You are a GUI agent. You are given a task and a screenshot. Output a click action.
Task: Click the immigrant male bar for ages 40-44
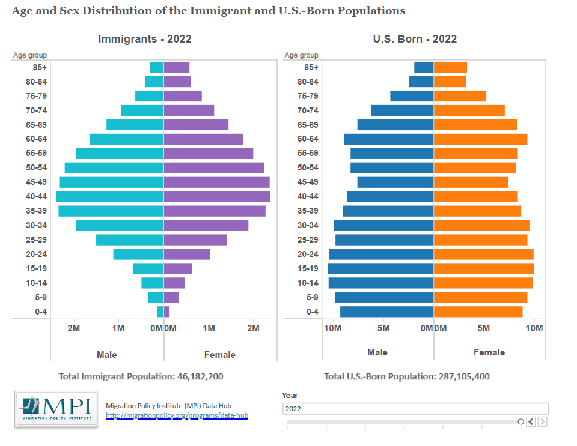[x=110, y=196]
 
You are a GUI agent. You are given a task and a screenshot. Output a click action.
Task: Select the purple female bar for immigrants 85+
[x=177, y=67]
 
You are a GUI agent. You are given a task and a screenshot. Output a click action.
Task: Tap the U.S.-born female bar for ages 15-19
[x=484, y=268]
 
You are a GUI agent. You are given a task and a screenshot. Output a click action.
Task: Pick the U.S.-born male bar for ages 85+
[x=424, y=67]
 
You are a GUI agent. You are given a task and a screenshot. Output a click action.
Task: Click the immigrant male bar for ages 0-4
[x=160, y=312]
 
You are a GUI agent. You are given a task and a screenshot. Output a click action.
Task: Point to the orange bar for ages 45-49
[x=471, y=182]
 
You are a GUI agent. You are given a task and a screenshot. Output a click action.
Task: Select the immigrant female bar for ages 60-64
[x=203, y=139]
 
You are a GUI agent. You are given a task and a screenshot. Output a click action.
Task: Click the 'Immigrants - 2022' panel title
[x=145, y=39]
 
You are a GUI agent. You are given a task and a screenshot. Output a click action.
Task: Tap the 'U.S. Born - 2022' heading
[x=415, y=39]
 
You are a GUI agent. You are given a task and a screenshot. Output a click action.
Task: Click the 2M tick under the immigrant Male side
[x=73, y=328]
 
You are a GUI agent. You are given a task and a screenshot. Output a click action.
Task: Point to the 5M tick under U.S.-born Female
[x=484, y=328]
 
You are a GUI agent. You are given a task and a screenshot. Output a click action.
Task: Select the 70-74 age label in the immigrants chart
[x=37, y=110]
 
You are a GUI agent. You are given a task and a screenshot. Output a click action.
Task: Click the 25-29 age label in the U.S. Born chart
[x=307, y=240]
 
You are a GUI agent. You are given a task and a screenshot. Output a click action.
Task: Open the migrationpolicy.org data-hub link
[x=177, y=415]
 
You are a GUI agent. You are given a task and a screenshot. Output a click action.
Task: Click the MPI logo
[x=55, y=409]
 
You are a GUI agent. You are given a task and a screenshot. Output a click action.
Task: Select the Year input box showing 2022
[x=415, y=409]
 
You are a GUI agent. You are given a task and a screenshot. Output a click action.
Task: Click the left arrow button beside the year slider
[x=531, y=422]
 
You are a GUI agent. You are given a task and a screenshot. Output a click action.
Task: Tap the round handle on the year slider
[x=521, y=422]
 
